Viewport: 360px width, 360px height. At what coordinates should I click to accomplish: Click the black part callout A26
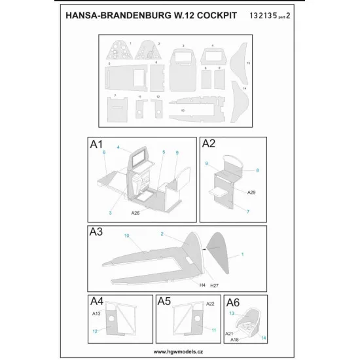[x=135, y=213]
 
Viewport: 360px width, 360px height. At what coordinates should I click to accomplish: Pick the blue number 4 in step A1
[x=118, y=148]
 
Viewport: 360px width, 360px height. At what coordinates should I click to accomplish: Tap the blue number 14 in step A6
[x=264, y=338]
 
